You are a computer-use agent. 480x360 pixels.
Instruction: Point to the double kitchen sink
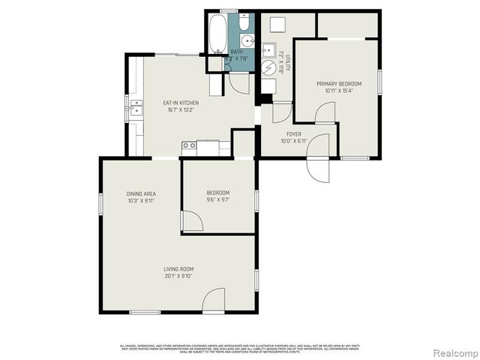(x=135, y=109)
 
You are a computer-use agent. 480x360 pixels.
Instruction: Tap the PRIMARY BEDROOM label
(x=338, y=84)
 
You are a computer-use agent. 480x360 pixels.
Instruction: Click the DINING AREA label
(x=140, y=194)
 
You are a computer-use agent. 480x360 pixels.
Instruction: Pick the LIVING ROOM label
(x=178, y=268)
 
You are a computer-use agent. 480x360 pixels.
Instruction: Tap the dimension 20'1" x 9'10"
(x=178, y=275)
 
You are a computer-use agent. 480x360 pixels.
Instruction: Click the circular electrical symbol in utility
(x=269, y=66)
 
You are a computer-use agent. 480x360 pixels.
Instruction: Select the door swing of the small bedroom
(x=191, y=221)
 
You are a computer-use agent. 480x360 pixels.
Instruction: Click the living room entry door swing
(x=214, y=300)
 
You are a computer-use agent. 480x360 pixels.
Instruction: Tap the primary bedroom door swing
(x=325, y=113)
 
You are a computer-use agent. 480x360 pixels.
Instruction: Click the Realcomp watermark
(x=451, y=352)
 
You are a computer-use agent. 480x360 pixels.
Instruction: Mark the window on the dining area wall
(x=100, y=205)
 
